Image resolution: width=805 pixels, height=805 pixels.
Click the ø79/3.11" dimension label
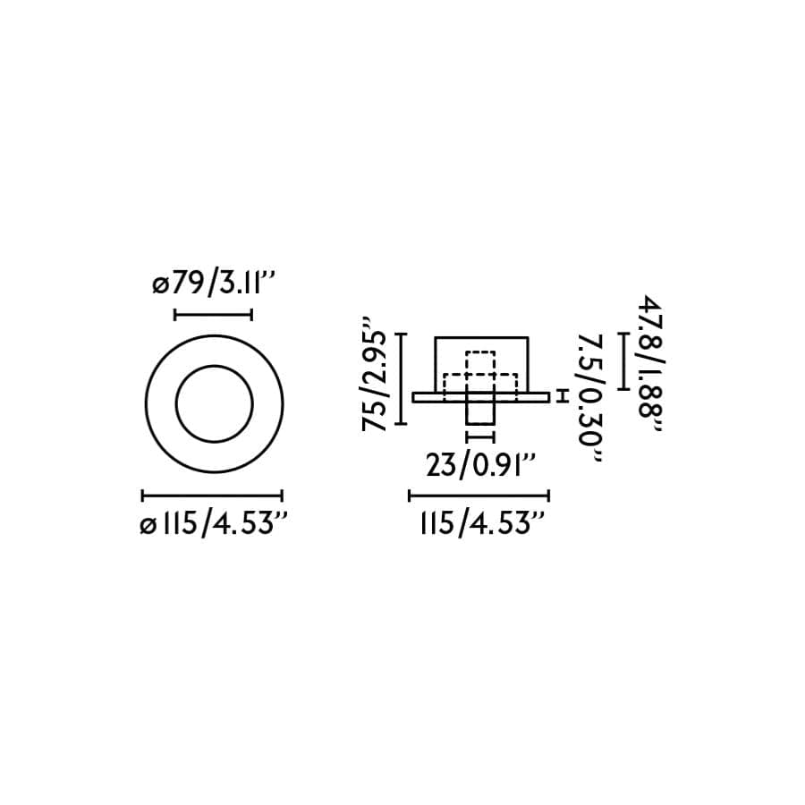212,286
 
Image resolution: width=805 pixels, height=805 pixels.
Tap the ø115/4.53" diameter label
213,523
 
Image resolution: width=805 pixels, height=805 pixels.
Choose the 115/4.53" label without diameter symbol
480,523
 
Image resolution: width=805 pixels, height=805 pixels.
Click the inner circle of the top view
214,403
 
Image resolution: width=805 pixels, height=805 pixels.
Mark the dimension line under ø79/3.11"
213,314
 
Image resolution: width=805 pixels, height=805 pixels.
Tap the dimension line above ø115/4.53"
213,495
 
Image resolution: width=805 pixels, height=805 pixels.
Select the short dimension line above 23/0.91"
481,437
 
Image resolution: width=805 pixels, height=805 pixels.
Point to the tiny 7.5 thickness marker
562,396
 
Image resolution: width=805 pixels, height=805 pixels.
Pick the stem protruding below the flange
481,413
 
